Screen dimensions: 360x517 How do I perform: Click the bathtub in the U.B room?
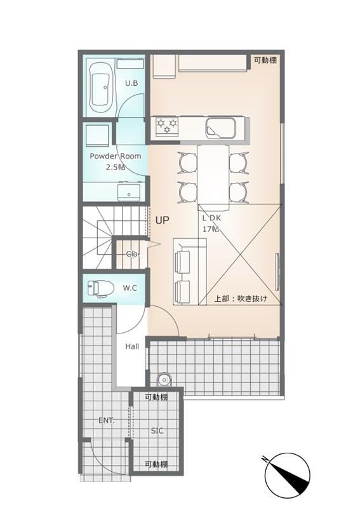click(100, 88)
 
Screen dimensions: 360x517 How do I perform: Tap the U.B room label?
click(131, 83)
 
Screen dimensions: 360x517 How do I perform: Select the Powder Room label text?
click(116, 156)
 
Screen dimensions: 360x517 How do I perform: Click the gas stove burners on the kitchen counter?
click(167, 126)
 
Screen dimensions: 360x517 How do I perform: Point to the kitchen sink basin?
click(221, 128)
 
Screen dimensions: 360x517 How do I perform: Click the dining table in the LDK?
click(213, 177)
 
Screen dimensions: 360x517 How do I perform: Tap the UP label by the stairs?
click(162, 220)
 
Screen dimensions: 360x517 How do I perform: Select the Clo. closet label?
click(133, 254)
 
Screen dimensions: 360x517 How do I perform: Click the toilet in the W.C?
click(100, 288)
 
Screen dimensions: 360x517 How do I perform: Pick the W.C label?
click(130, 288)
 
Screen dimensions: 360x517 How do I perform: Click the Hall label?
click(132, 346)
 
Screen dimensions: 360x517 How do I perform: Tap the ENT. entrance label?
click(107, 420)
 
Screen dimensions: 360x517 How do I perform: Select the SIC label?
click(157, 431)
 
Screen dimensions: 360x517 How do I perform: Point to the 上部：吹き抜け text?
click(241, 299)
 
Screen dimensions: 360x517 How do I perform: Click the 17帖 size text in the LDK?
click(211, 229)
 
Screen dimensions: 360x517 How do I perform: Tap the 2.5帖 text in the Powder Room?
click(116, 167)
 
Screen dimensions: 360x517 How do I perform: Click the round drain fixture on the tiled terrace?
click(164, 380)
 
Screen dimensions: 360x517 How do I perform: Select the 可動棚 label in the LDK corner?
click(265, 60)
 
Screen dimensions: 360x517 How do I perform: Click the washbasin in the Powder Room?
click(128, 192)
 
